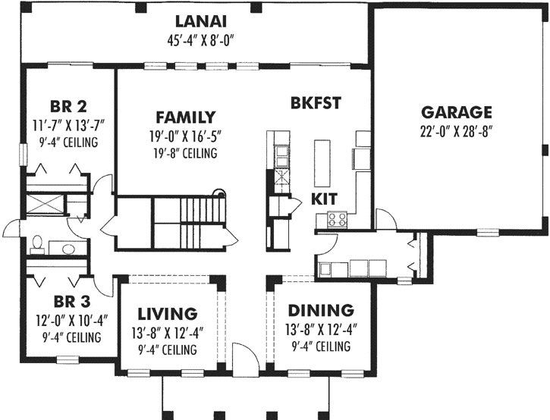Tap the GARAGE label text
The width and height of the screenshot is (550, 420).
tap(457, 112)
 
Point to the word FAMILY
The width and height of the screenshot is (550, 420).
tap(185, 118)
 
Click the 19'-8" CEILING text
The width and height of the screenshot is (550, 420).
tap(185, 153)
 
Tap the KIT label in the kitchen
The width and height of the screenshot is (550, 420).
tap(323, 200)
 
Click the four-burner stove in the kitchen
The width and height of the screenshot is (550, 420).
tap(337, 220)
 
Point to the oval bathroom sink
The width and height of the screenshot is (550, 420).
tap(66, 248)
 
